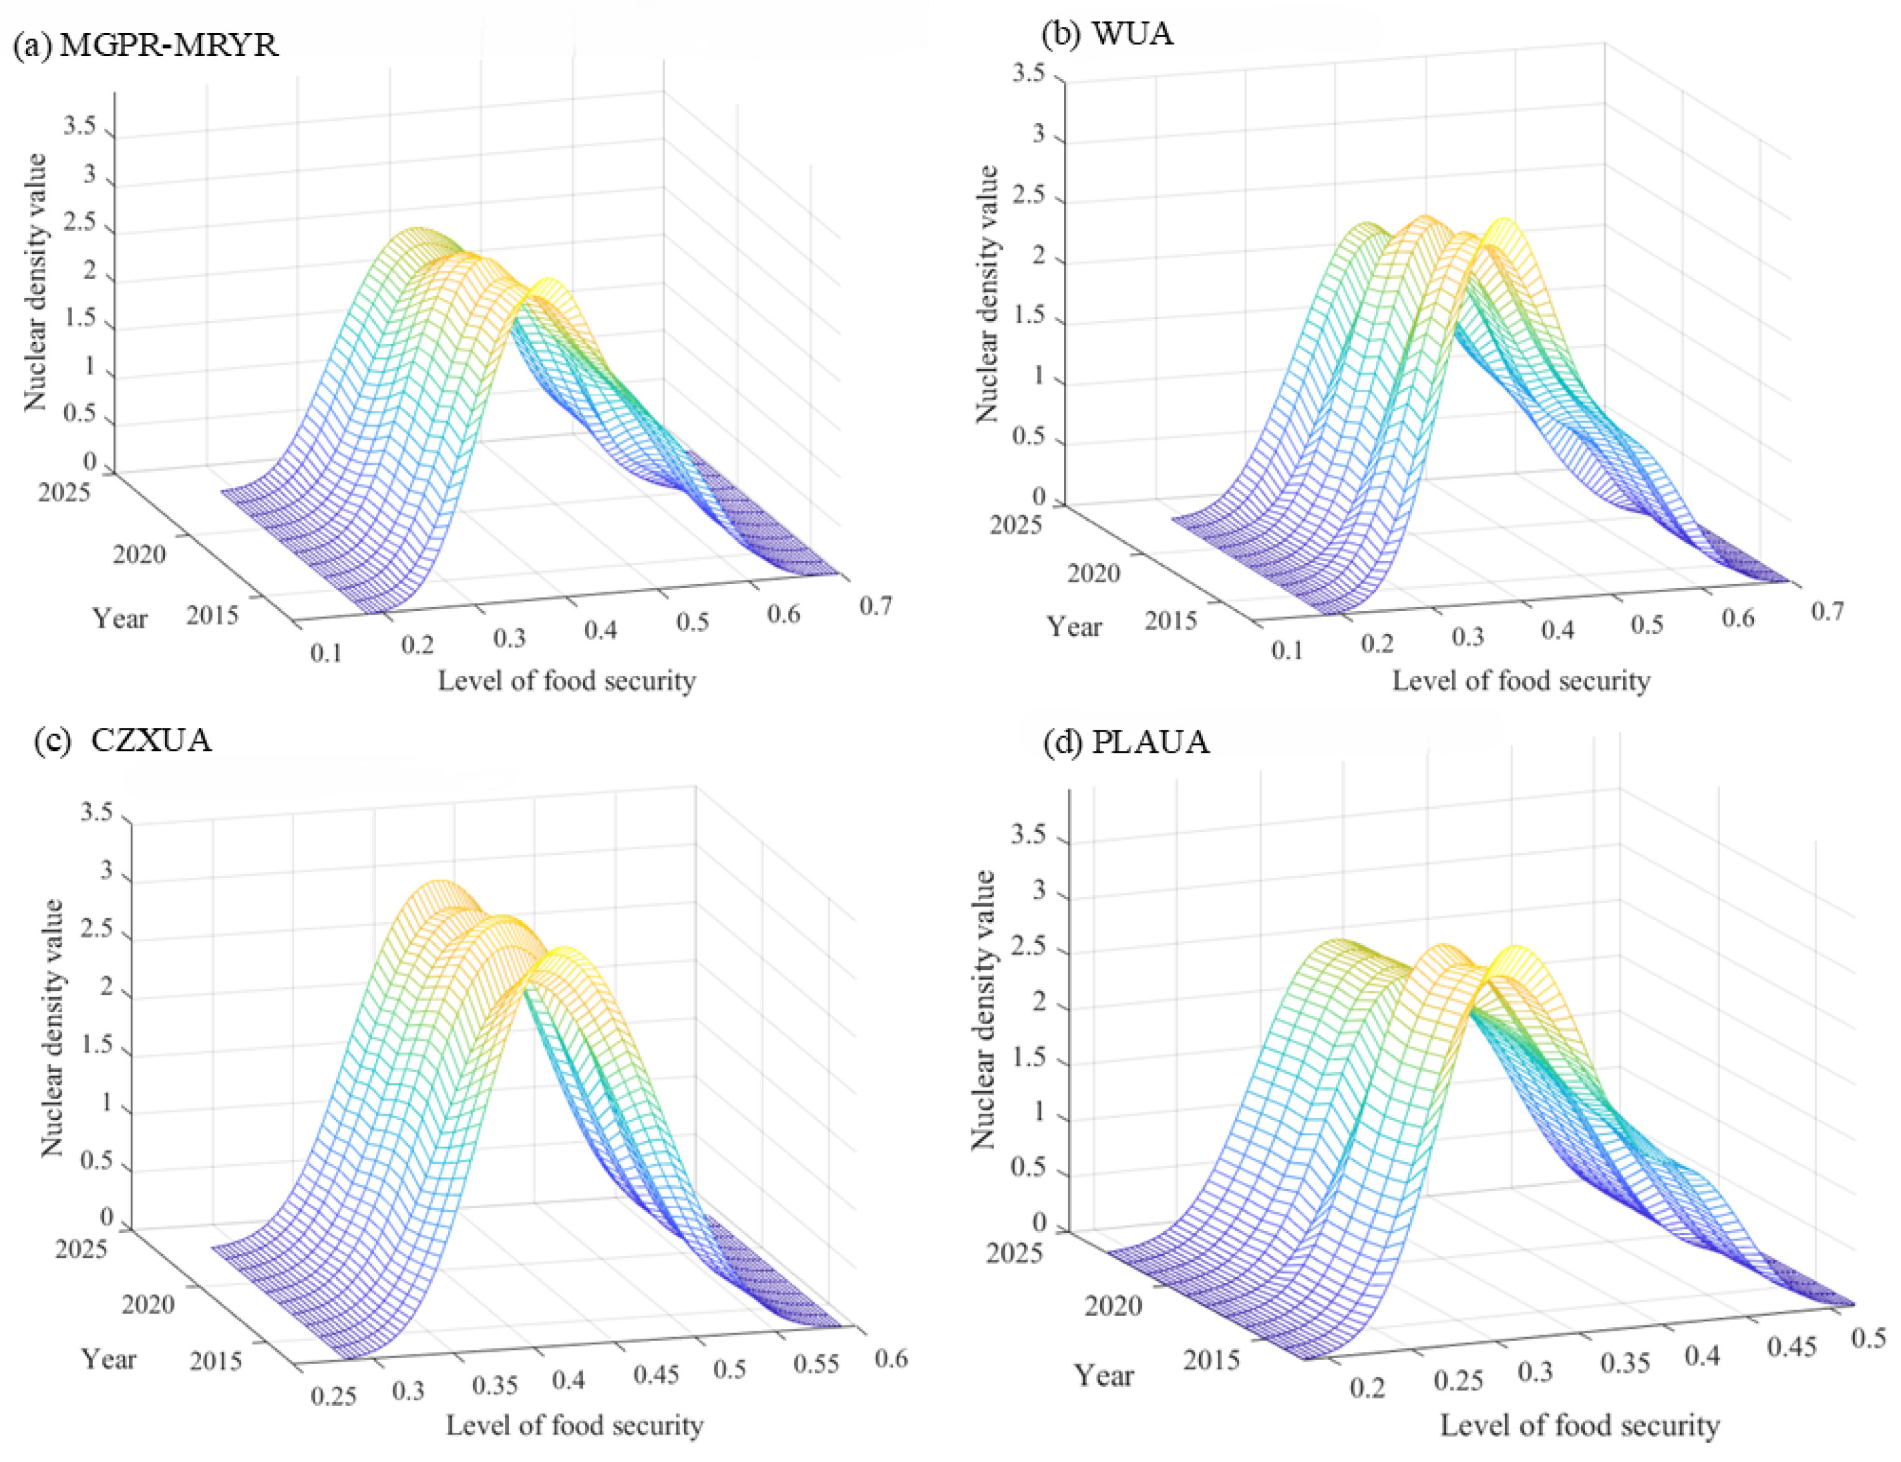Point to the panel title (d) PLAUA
pyautogui.click(x=1126, y=742)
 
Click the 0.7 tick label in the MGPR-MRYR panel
pyautogui.click(x=876, y=605)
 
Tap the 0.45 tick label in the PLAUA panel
pyautogui.click(x=1792, y=1347)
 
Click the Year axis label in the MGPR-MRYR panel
pyautogui.click(x=120, y=619)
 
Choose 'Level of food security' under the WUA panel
pyautogui.click(x=1521, y=681)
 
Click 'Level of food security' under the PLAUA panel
pyautogui.click(x=1580, y=1425)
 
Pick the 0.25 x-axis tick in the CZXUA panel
pyautogui.click(x=334, y=1396)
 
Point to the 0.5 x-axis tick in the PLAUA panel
pyautogui.click(x=1868, y=1337)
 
